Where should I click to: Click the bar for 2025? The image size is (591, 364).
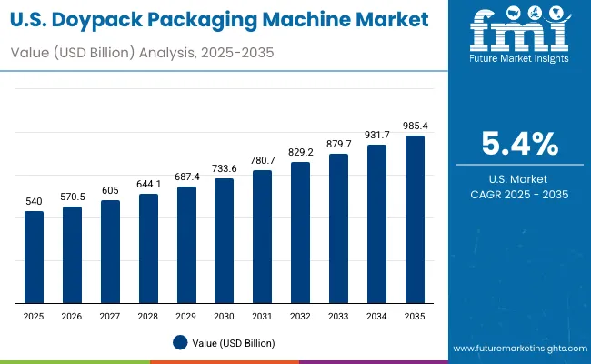click(34, 258)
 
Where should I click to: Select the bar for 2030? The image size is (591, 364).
click(225, 240)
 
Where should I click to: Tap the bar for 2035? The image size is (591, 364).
click(415, 219)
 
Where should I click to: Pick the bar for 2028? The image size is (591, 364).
click(148, 248)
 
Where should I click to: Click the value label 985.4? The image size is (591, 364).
click(415, 126)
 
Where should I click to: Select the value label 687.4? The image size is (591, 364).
click(186, 177)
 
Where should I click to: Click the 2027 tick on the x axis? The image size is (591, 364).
click(110, 315)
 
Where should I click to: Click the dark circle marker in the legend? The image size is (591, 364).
click(180, 342)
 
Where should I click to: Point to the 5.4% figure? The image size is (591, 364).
click(519, 144)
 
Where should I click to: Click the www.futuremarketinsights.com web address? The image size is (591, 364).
click(516, 349)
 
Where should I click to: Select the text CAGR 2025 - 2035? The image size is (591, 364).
click(519, 195)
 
